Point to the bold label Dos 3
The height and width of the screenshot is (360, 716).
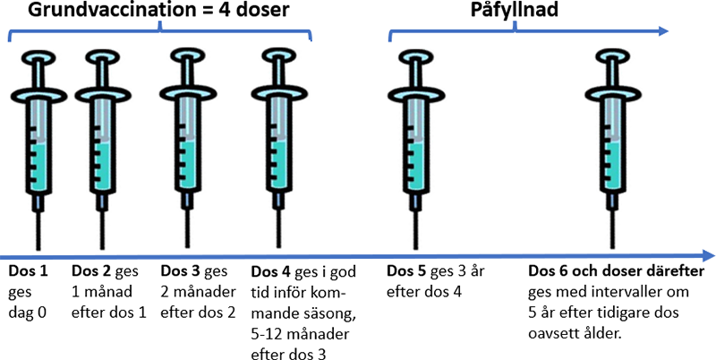coord(179,270)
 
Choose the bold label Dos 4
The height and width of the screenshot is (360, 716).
coord(269,271)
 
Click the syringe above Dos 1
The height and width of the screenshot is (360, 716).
coord(38,143)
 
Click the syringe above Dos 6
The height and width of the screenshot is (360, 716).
coord(611,143)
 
